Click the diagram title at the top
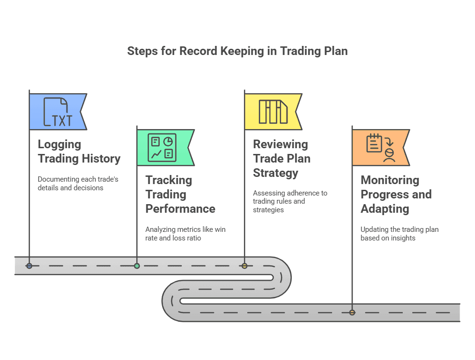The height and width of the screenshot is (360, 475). tap(237, 51)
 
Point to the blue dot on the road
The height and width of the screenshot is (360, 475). tap(29, 266)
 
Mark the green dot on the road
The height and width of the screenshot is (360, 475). tap(137, 266)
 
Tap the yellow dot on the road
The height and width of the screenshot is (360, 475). tap(244, 266)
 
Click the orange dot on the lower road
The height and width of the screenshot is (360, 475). tap(352, 313)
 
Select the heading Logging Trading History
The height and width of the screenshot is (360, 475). tap(79, 151)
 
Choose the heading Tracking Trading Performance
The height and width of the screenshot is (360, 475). tap(180, 194)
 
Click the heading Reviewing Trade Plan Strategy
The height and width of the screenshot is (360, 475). tap(282, 158)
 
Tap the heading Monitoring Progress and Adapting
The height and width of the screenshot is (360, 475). tap(396, 194)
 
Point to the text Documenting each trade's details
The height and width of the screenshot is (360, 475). tap(78, 183)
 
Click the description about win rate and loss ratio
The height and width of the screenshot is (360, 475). tap(185, 233)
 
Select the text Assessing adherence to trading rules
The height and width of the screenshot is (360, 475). tap(290, 201)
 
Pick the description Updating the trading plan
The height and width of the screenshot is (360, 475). tap(399, 233)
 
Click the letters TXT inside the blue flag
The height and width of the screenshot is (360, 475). tap(62, 120)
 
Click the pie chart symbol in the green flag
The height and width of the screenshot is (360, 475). tap(168, 141)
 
